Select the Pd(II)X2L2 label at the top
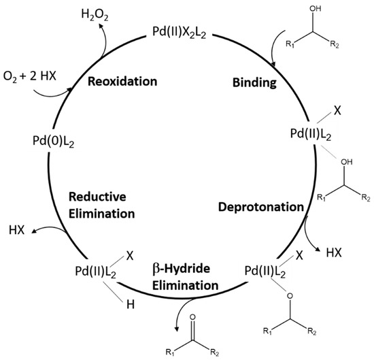[186, 31]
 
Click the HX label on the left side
[16, 231]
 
